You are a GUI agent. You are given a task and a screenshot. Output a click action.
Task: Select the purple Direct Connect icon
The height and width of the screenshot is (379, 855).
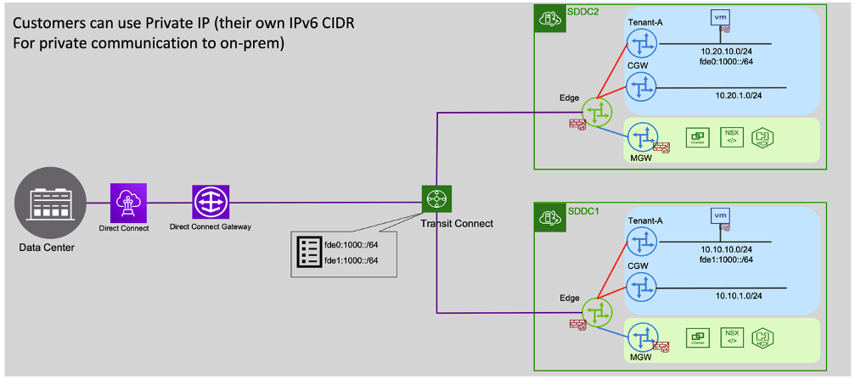pyautogui.click(x=129, y=203)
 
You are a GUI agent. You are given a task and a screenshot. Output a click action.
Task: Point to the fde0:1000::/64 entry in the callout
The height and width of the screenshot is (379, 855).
pyautogui.click(x=350, y=242)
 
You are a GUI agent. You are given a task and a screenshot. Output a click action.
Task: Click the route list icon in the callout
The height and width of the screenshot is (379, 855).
pyautogui.click(x=307, y=251)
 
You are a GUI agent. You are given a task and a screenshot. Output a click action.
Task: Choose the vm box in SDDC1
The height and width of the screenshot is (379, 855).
pyautogui.click(x=720, y=218)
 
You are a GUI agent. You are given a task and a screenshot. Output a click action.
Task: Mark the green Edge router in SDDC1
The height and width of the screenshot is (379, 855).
pyautogui.click(x=598, y=310)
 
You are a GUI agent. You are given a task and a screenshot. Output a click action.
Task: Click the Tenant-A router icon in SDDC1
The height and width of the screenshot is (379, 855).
pyautogui.click(x=642, y=241)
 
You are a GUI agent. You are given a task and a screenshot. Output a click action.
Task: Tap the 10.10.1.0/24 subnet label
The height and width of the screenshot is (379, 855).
pyautogui.click(x=719, y=297)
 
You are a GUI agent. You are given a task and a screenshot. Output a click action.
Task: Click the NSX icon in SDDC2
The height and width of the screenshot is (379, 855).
pyautogui.click(x=731, y=136)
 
